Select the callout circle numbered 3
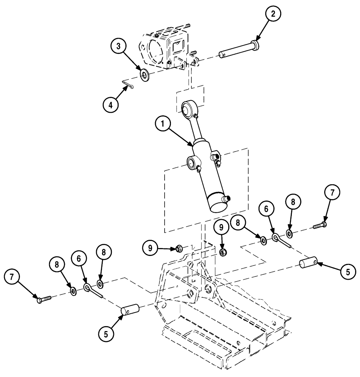(x=118, y=47)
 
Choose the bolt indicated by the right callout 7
(x=319, y=226)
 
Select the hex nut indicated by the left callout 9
(x=179, y=248)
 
